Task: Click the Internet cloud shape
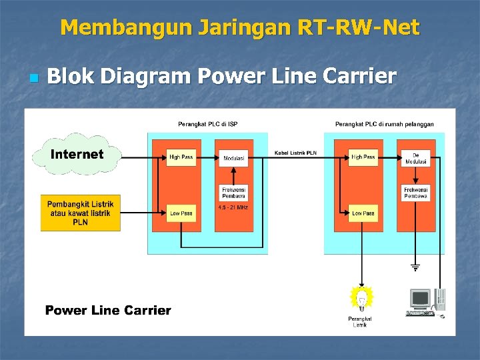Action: [x=79, y=155]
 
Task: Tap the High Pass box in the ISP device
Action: [x=181, y=157]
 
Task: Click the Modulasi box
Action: [x=234, y=158]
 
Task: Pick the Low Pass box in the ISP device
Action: [x=181, y=213]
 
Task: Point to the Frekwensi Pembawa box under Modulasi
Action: [x=234, y=193]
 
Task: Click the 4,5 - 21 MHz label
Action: [x=233, y=207]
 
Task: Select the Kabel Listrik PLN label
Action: [x=295, y=153]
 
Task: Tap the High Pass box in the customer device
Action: [x=363, y=157]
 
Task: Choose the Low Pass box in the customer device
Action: [x=363, y=213]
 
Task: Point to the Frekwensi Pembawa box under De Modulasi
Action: [x=415, y=193]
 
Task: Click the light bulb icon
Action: [x=361, y=298]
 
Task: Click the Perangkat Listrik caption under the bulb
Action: [x=360, y=322]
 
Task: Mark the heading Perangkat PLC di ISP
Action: [x=207, y=124]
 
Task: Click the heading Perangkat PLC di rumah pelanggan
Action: [x=384, y=124]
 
